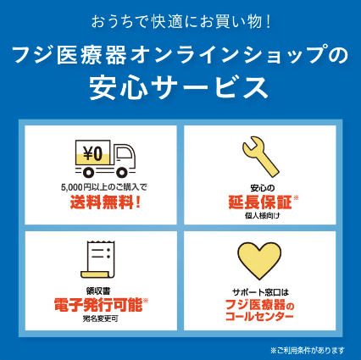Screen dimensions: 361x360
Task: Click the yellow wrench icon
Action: (x=260, y=156)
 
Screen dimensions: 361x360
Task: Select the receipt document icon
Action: (x=97, y=259)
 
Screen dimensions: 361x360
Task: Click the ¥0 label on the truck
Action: (x=93, y=154)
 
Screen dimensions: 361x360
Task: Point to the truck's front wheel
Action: (x=122, y=172)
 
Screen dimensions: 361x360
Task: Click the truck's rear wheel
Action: (x=89, y=172)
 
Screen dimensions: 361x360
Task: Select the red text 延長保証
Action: (x=260, y=202)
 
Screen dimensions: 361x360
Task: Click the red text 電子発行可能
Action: (x=98, y=305)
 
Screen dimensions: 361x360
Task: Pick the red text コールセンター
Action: (x=259, y=316)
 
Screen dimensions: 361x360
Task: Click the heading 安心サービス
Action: (x=179, y=86)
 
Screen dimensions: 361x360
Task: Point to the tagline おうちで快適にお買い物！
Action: (x=180, y=22)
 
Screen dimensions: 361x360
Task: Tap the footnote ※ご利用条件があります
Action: (x=308, y=351)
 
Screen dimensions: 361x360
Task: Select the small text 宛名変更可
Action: (x=100, y=318)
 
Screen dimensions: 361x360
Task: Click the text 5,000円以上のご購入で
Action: (x=104, y=187)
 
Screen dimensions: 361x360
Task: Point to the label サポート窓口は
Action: (x=260, y=292)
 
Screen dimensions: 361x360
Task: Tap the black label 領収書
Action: (x=98, y=291)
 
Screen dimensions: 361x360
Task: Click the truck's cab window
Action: (x=125, y=153)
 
